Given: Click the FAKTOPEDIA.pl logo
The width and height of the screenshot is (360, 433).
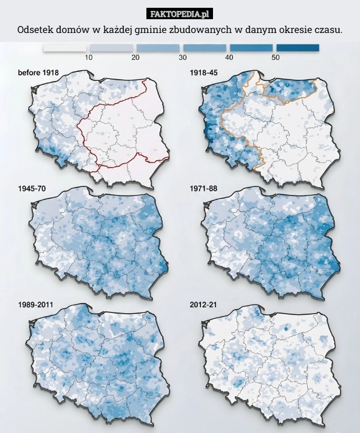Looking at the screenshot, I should (x=180, y=14).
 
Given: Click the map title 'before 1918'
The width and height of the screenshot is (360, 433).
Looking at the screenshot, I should (x=38, y=73).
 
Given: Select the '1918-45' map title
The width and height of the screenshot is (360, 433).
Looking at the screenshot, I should (x=203, y=73).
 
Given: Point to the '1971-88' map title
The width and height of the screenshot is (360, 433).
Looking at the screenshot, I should (x=203, y=188).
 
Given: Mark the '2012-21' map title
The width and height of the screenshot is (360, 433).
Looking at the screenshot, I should (x=203, y=305).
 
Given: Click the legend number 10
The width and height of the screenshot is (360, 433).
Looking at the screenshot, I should (x=88, y=58).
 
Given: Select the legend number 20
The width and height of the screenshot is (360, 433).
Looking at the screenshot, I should (x=135, y=58).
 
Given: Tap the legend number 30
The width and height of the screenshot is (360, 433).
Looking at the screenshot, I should (x=182, y=58).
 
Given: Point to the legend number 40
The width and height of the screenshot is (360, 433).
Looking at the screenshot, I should (x=229, y=58).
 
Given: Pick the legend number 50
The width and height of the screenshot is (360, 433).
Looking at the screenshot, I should (x=275, y=58).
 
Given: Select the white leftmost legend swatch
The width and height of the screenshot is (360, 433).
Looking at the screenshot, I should (x=65, y=47).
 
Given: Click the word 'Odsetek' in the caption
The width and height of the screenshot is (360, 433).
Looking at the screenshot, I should (x=35, y=29).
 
